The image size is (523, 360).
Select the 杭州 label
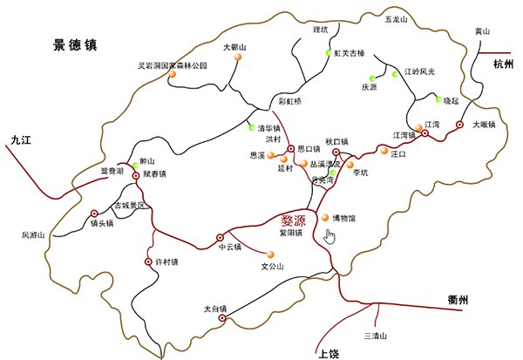(504, 64)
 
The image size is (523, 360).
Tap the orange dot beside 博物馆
(326, 217)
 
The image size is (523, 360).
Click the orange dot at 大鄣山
(236, 58)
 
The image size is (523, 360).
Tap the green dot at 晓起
(438, 98)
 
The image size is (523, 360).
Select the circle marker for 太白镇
(221, 319)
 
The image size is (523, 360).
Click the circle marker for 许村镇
(148, 262)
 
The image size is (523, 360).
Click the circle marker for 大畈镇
(460, 125)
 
